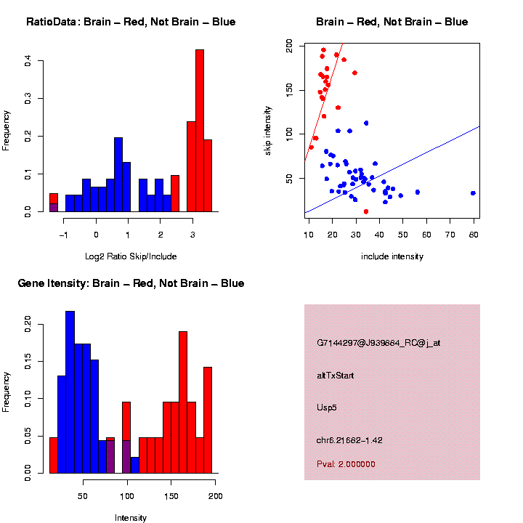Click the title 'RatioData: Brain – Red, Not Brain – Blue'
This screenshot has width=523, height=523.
[131, 22]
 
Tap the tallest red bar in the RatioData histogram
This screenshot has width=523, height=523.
[200, 131]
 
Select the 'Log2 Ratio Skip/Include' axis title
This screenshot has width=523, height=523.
[131, 256]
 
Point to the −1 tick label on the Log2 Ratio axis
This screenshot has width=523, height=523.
[63, 234]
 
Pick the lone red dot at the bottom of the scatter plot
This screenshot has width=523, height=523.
[365, 211]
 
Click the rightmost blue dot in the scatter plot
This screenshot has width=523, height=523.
[473, 193]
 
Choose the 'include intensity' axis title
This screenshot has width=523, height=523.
[392, 256]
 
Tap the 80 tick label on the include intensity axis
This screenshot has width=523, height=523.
[473, 234]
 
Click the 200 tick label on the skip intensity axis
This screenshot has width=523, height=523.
[290, 46]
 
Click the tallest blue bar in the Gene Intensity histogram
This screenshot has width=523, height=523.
[70, 392]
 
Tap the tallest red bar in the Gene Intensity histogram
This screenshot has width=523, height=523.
[183, 403]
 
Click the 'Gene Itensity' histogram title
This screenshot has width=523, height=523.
[131, 283]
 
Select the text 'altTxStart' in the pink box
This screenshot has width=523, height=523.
[335, 376]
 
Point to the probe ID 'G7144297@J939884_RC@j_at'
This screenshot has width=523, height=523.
[378, 343]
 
